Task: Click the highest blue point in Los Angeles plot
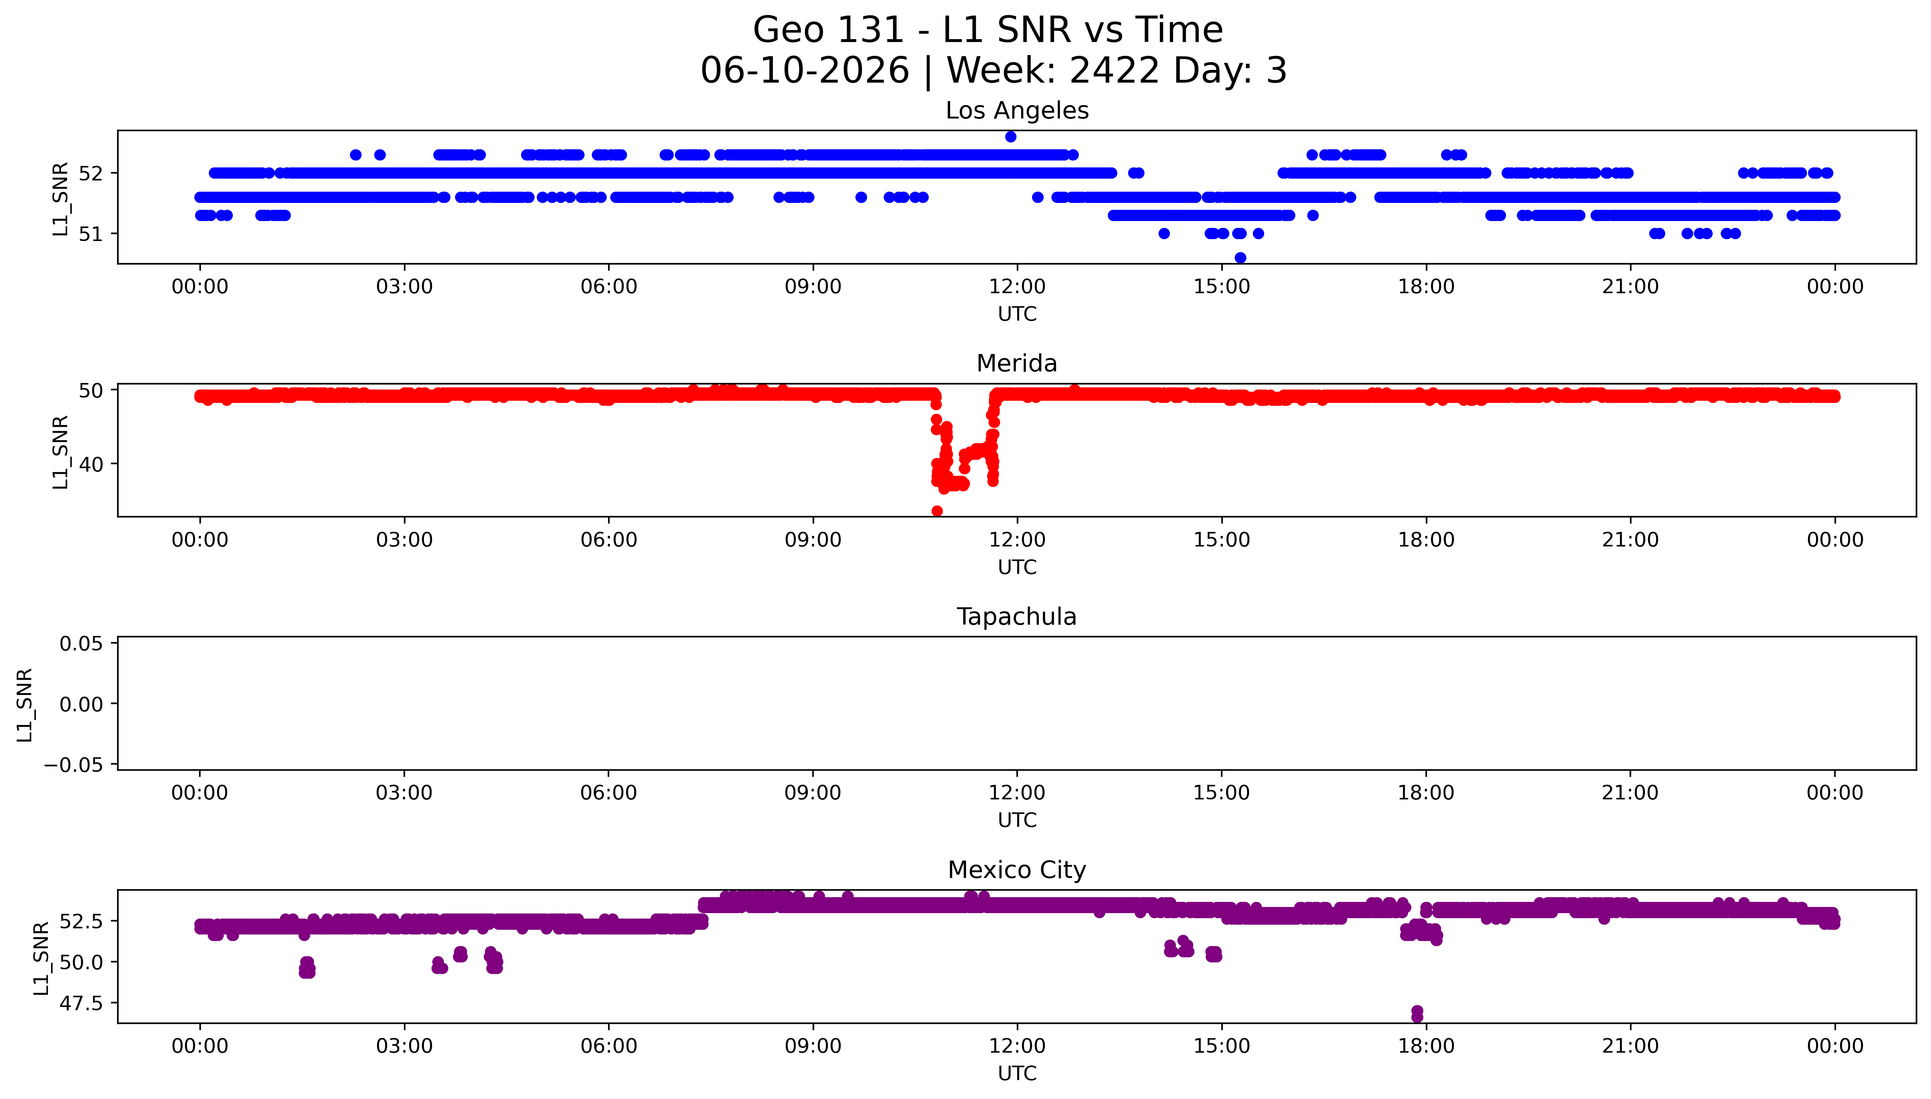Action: point(1010,137)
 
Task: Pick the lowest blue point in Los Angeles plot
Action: point(1240,257)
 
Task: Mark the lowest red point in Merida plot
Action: point(937,511)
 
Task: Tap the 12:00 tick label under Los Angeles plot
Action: point(1017,287)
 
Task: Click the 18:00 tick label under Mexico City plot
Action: point(1426,1046)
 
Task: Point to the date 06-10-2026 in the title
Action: point(805,70)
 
